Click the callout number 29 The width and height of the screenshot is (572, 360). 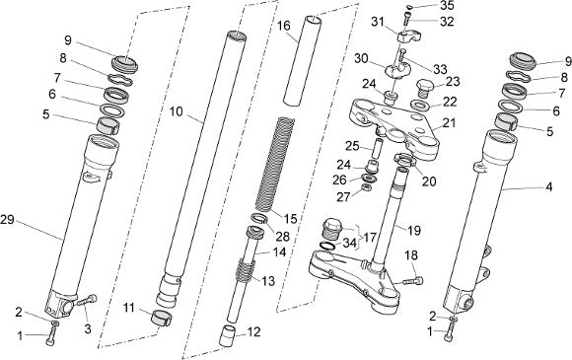tap(7, 220)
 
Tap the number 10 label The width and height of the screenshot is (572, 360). tap(176, 111)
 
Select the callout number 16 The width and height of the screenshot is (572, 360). tap(283, 26)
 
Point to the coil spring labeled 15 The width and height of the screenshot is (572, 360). tap(276, 164)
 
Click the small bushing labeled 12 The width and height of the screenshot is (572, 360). tap(226, 335)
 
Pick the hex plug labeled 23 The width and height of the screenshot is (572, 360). tap(424, 88)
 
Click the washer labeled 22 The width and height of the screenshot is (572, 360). tap(420, 106)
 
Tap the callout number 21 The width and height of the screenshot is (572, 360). tap(449, 123)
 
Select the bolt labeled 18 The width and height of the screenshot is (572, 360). tap(413, 281)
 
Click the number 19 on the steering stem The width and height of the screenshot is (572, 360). tap(413, 230)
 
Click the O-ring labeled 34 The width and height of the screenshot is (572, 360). tap(327, 246)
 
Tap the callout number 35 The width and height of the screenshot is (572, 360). tap(447, 6)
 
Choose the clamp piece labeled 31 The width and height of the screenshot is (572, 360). tap(409, 36)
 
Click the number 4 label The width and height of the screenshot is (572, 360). tap(548, 187)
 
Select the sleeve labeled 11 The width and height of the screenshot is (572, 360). tap(161, 318)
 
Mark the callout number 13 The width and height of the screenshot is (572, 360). tap(268, 281)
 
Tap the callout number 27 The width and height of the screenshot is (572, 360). tap(343, 197)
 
